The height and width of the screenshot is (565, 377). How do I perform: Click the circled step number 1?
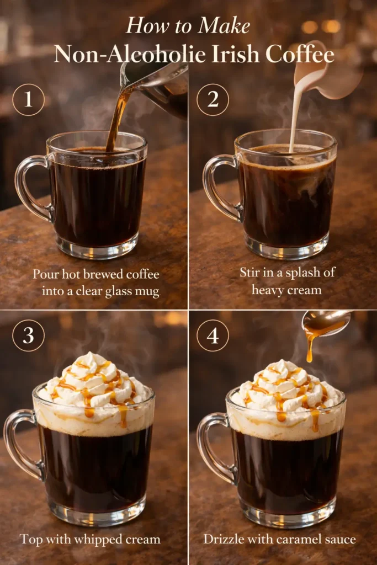pyautogui.click(x=28, y=99)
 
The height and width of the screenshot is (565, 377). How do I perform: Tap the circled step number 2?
pyautogui.click(x=213, y=99)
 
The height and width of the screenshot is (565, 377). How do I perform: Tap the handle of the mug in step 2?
pyautogui.click(x=217, y=188)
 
